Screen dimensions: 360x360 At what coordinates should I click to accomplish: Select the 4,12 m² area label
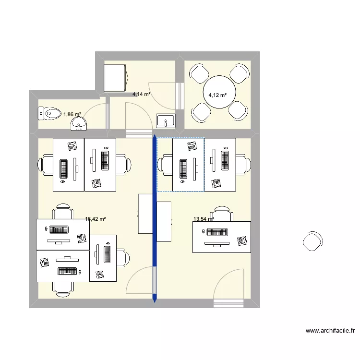click(x=217, y=95)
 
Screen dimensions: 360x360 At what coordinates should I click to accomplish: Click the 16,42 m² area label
click(x=95, y=219)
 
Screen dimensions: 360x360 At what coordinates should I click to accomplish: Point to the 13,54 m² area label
click(x=203, y=219)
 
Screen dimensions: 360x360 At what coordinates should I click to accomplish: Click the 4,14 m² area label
click(x=142, y=95)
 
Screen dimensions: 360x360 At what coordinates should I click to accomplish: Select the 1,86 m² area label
click(x=72, y=115)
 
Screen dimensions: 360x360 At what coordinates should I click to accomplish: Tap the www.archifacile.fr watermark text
click(x=331, y=331)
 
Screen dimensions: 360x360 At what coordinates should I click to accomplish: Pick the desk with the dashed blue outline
click(x=188, y=165)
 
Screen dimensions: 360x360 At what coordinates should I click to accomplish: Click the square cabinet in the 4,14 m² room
click(x=116, y=77)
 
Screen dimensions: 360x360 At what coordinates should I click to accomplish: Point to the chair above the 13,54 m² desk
click(x=222, y=214)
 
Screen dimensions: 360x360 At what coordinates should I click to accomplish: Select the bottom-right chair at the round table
click(x=238, y=111)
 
